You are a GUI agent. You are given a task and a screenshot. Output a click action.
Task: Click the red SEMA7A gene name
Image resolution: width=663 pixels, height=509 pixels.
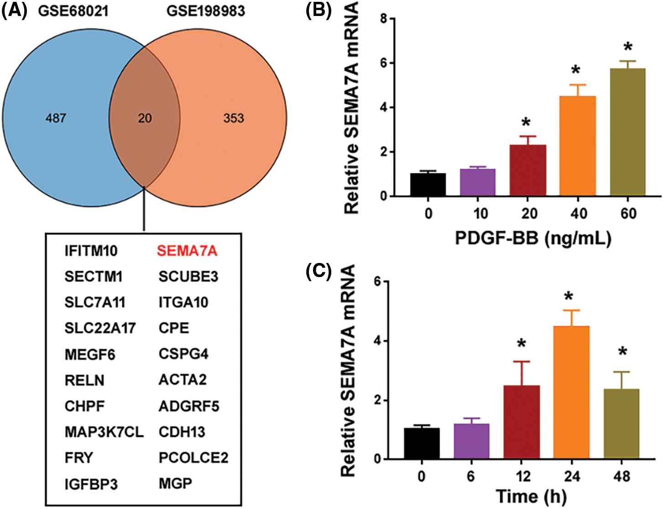187,251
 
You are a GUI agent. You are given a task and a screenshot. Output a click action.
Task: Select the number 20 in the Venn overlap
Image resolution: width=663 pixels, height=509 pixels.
145,118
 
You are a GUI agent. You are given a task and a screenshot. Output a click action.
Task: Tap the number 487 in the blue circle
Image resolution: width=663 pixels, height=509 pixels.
56,118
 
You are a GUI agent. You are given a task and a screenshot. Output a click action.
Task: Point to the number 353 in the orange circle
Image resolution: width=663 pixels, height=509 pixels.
234,118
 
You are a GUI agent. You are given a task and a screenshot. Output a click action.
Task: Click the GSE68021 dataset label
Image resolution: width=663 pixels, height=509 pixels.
73,10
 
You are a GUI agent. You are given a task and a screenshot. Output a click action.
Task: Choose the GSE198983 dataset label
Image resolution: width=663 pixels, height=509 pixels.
206,10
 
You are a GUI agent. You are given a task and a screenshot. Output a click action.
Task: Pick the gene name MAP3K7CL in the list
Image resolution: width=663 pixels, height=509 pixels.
104,432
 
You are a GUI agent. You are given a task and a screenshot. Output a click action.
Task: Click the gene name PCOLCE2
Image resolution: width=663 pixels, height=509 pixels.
193,458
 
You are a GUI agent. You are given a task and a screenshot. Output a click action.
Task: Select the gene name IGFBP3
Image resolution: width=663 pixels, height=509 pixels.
91,484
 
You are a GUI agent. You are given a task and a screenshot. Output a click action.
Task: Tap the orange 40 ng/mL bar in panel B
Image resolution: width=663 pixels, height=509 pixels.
578,146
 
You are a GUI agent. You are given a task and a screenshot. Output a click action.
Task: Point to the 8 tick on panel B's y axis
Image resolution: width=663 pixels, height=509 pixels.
384,19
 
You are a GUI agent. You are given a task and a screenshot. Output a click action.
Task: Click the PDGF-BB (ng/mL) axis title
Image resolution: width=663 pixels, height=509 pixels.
532,238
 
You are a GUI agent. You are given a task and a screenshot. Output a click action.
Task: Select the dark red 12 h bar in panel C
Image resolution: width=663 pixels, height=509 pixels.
522,422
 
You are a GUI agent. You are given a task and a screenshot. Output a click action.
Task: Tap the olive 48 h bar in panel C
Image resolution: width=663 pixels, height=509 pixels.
621,424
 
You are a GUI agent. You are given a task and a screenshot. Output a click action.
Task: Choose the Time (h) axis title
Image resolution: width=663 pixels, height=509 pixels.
531,497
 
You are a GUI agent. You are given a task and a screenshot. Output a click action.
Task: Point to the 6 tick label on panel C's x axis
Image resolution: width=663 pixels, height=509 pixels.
470,477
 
